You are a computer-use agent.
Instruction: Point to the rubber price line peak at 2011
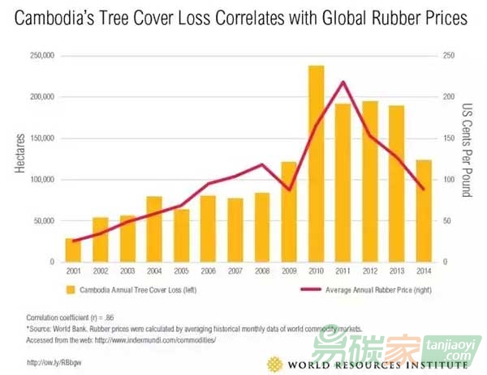[x=343, y=82]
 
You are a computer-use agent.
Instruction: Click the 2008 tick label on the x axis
[x=263, y=272]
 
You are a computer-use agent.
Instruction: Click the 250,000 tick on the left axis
[x=41, y=56]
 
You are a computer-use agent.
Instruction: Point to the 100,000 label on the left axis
[x=41, y=179]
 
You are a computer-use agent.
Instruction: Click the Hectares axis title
[x=19, y=159]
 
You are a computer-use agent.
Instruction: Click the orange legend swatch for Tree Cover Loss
[x=71, y=289]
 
